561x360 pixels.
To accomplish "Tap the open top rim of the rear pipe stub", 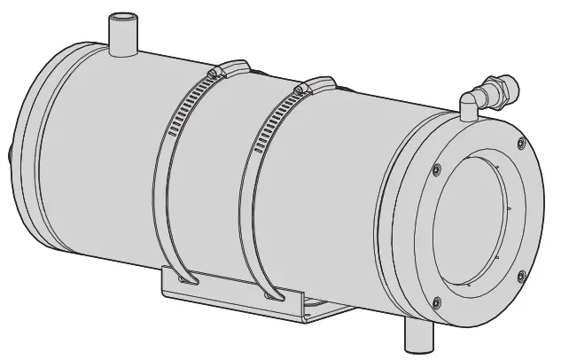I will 121,18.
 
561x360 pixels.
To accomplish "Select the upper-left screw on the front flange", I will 435,168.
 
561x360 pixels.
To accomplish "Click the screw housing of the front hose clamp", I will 301,90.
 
